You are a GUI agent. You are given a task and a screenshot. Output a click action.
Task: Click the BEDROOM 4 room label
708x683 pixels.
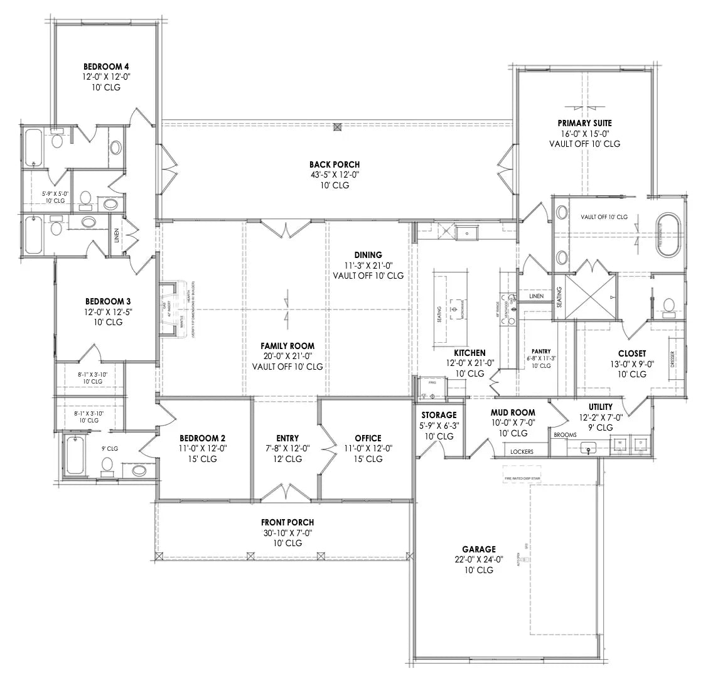tap(106, 66)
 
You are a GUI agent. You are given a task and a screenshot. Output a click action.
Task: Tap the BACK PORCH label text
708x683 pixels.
tap(334, 164)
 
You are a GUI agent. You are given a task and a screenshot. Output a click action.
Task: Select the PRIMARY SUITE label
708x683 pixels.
tap(584, 123)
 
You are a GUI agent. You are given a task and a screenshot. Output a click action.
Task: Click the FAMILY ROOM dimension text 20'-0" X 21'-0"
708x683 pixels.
tap(287, 356)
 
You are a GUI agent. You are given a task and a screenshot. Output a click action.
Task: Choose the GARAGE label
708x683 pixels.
tap(480, 549)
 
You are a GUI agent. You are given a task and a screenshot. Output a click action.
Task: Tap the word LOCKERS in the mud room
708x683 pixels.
tap(522, 451)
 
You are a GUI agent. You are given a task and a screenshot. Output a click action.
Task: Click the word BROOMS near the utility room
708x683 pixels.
tap(565, 434)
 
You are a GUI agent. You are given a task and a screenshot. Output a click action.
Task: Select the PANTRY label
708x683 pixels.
tap(540, 352)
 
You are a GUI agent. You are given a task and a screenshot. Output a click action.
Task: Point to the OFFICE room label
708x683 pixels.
tap(368, 438)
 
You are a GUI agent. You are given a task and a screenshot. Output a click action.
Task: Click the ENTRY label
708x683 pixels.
tap(287, 438)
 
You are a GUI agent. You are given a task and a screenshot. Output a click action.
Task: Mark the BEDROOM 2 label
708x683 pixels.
tap(202, 438)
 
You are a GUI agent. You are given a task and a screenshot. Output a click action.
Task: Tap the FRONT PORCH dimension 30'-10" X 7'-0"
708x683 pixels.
tap(287, 532)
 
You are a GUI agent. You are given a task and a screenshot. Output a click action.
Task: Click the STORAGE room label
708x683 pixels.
tap(439, 415)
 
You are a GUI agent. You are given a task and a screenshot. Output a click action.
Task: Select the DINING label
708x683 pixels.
tap(368, 255)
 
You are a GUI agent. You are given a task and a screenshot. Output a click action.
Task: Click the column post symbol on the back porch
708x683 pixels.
tap(338, 126)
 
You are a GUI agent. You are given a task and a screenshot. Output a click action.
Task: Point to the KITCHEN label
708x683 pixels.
tap(469, 353)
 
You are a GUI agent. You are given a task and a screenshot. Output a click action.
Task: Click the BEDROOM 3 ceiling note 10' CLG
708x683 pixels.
tap(103, 322)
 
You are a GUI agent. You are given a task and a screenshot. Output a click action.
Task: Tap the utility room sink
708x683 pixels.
tap(588, 448)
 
